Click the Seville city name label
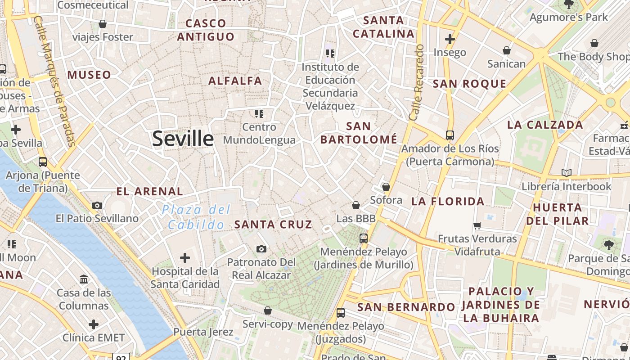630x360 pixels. click(x=183, y=139)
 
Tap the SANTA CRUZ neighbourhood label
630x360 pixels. click(x=273, y=224)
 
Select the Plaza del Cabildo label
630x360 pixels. click(x=196, y=217)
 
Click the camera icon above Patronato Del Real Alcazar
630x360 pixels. click(x=261, y=249)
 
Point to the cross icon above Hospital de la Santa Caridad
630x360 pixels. click(x=185, y=258)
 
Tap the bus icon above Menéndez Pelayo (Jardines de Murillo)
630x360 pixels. click(x=364, y=238)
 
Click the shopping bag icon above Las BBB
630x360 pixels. click(x=356, y=205)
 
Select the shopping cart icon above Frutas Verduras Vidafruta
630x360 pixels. click(x=477, y=225)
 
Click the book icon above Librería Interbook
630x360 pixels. click(x=566, y=173)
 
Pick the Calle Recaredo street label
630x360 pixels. click(x=417, y=82)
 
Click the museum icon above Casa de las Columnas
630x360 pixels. click(x=84, y=279)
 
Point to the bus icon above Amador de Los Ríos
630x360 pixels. click(x=450, y=135)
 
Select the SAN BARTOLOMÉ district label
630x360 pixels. click(x=359, y=133)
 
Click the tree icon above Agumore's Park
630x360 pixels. click(x=569, y=4)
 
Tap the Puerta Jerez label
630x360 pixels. click(x=203, y=332)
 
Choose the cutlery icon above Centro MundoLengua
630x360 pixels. click(x=259, y=113)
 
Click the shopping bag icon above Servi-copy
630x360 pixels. click(x=268, y=310)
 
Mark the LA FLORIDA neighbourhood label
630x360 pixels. click(x=448, y=201)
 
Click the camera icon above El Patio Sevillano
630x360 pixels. click(x=97, y=206)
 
